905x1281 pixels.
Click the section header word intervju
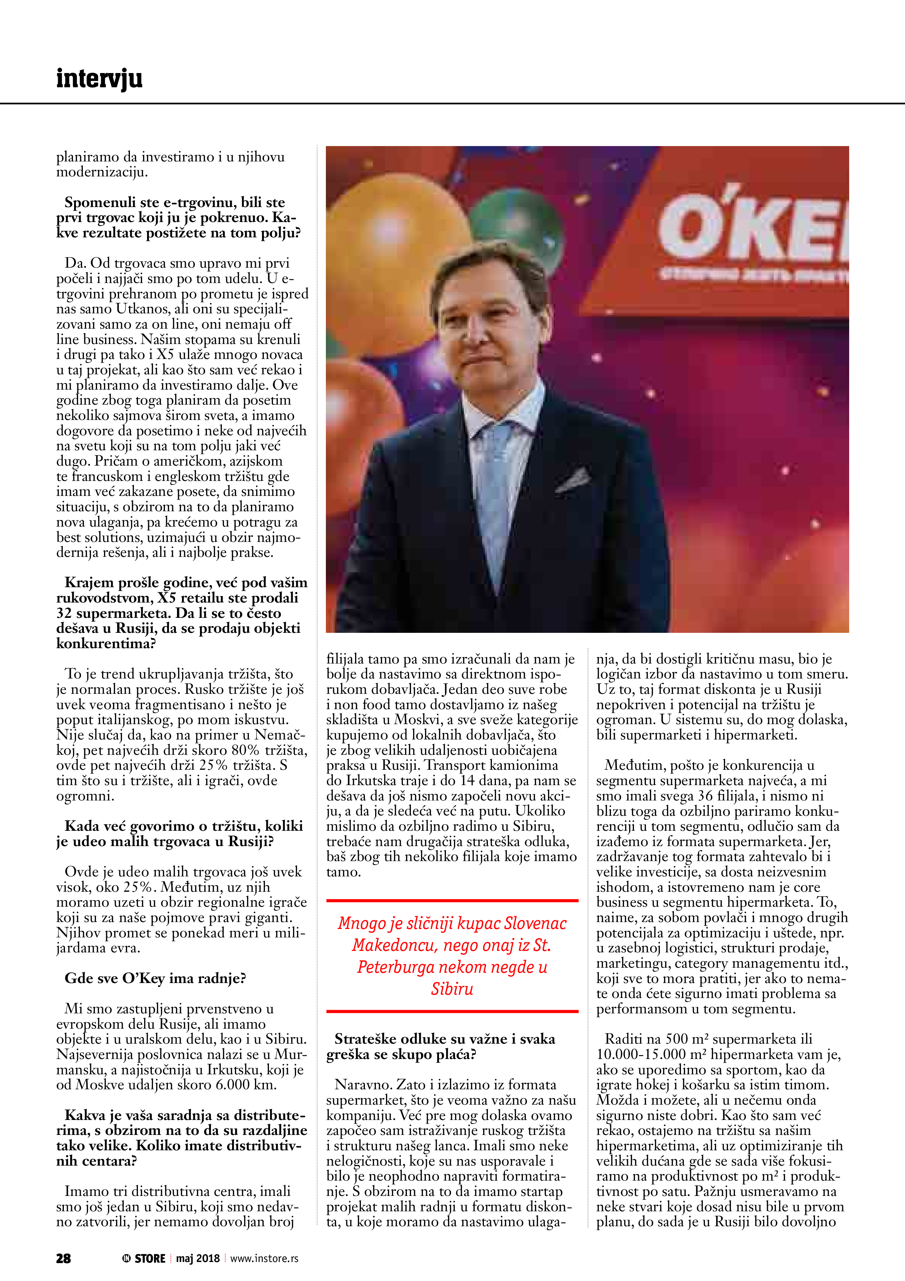(x=99, y=79)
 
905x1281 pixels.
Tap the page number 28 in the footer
(x=63, y=1258)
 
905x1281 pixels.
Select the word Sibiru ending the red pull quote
(x=452, y=989)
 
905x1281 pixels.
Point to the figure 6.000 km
(x=246, y=1085)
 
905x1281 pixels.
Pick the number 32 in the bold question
(x=64, y=613)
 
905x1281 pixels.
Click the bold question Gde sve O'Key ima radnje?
(x=155, y=978)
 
